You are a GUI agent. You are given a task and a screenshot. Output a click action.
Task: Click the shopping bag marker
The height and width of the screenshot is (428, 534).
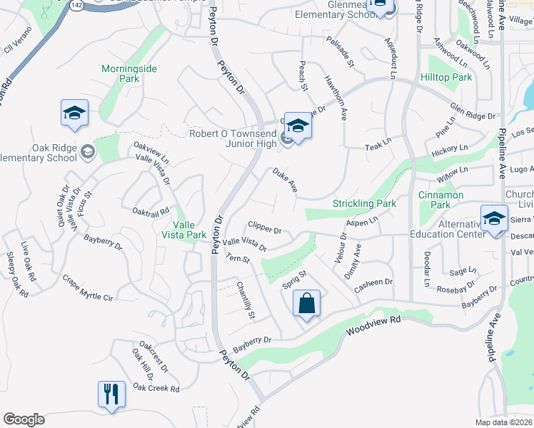pyautogui.click(x=306, y=303)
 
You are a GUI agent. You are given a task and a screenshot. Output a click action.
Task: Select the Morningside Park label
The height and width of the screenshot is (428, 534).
pyautogui.click(x=129, y=73)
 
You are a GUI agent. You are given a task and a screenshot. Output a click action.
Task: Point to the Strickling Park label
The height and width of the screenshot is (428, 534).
pyautogui.click(x=364, y=204)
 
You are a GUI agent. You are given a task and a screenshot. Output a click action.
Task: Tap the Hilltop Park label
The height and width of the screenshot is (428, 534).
pyautogui.click(x=446, y=77)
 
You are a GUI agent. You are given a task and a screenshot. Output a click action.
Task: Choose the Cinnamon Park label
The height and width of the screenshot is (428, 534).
pyautogui.click(x=440, y=200)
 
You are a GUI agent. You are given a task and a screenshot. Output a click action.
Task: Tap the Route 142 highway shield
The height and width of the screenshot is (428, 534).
pyautogui.click(x=76, y=4)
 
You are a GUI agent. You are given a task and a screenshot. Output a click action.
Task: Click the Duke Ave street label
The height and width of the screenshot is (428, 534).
pyautogui.click(x=284, y=180)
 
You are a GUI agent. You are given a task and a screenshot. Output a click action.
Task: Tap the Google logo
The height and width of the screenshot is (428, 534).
pyautogui.click(x=24, y=419)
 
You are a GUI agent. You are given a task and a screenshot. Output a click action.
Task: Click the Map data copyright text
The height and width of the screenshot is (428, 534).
pyautogui.click(x=503, y=422)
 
